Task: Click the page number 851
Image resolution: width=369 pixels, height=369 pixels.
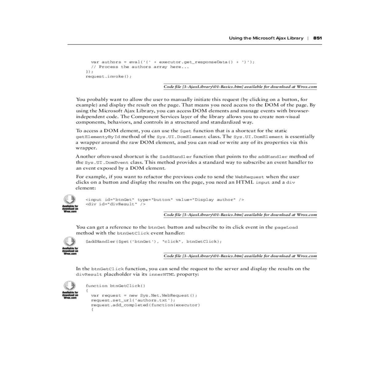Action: click(x=317, y=38)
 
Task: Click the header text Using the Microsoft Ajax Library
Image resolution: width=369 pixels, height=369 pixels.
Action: click(x=266, y=38)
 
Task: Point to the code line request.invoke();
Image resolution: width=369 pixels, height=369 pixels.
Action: click(x=108, y=76)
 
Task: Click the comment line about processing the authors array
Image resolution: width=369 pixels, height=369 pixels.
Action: click(x=140, y=67)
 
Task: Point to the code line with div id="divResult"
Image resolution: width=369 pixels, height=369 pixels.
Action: click(x=115, y=204)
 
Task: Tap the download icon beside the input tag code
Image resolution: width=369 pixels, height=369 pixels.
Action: click(x=69, y=199)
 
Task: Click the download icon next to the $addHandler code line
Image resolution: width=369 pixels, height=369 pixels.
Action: click(x=69, y=241)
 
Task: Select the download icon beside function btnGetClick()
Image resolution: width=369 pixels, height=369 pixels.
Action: click(x=69, y=285)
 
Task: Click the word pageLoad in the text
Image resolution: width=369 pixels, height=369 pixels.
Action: click(x=286, y=228)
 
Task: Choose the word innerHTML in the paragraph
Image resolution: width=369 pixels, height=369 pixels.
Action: click(x=163, y=275)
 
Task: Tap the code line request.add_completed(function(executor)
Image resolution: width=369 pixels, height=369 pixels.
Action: click(x=145, y=305)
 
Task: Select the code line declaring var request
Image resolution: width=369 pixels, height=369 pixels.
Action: click(x=144, y=296)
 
